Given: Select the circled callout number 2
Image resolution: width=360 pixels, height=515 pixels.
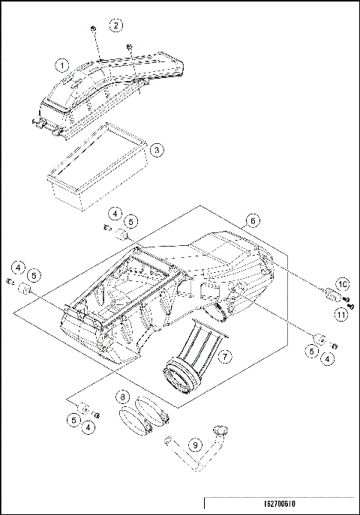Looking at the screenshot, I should coord(115,25).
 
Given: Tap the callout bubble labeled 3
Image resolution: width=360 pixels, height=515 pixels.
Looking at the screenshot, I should coord(156,149).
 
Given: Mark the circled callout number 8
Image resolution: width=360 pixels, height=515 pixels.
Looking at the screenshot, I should coord(122,396).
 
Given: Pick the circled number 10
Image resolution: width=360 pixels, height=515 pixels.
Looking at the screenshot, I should coord(342,284).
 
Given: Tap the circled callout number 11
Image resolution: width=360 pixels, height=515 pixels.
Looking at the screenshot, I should coord(342,315).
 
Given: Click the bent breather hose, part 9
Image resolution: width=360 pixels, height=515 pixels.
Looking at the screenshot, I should coord(184,454).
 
